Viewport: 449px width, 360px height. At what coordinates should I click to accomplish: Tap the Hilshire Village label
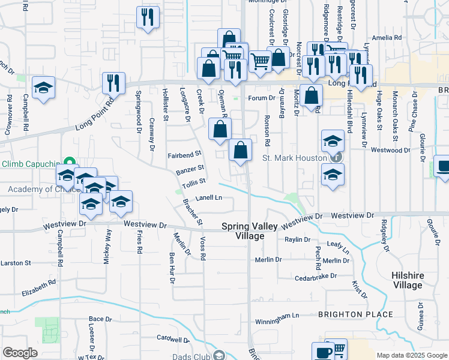tap(406, 280)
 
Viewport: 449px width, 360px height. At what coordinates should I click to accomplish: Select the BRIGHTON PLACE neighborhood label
tap(355, 314)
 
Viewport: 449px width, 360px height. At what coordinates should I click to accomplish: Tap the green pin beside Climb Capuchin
tap(69, 163)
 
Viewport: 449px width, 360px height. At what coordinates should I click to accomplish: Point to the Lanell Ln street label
tap(208, 197)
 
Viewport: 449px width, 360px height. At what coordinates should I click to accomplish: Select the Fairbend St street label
tap(184, 155)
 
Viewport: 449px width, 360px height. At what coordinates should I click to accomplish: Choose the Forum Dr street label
tap(262, 98)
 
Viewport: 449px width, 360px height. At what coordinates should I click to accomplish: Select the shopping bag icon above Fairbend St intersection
tap(220, 128)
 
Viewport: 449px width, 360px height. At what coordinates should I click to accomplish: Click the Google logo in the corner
tap(20, 353)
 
